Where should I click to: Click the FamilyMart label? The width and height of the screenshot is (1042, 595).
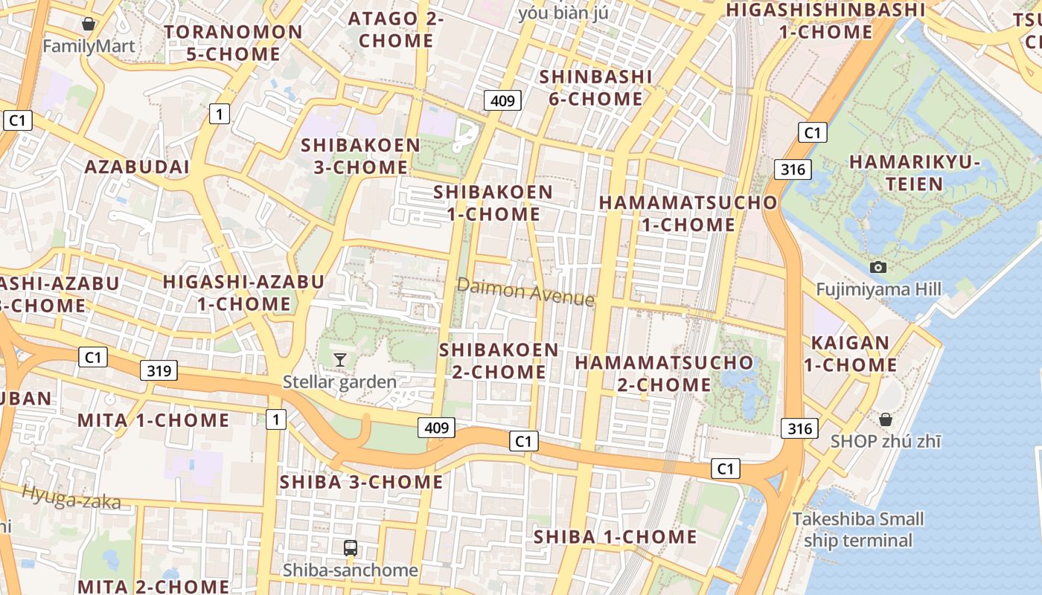click(x=89, y=46)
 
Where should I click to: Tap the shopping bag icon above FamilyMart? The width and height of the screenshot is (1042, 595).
click(x=89, y=24)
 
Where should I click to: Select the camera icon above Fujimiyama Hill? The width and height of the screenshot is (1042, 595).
click(x=878, y=267)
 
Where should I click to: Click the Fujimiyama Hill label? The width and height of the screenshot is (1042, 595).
click(x=878, y=289)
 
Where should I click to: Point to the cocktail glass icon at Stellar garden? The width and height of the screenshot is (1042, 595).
click(x=339, y=360)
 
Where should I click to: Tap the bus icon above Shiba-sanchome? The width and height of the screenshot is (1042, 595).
click(x=350, y=548)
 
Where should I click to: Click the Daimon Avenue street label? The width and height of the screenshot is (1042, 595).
click(x=525, y=292)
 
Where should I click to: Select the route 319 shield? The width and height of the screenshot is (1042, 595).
click(x=159, y=370)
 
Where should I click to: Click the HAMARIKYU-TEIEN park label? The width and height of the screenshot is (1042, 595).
click(x=915, y=173)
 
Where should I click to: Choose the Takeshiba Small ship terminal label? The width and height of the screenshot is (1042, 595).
click(x=857, y=530)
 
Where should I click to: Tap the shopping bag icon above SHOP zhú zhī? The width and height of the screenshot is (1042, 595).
click(x=885, y=419)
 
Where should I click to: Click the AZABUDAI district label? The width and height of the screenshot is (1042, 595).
click(x=137, y=167)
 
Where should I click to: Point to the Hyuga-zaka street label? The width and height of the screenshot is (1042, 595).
click(x=71, y=497)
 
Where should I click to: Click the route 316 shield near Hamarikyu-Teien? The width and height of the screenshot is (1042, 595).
click(x=792, y=170)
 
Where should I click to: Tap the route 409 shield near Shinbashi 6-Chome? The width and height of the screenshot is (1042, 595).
click(x=502, y=100)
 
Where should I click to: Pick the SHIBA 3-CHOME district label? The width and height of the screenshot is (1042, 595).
click(x=361, y=482)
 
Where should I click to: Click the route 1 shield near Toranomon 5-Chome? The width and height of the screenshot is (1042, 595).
click(x=219, y=114)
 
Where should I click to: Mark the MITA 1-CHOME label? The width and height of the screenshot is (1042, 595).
click(x=153, y=419)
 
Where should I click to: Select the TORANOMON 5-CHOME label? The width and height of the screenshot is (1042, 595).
click(x=233, y=42)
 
